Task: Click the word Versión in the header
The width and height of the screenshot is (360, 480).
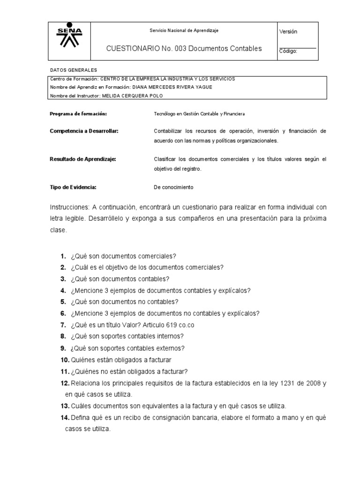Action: pos(288,31)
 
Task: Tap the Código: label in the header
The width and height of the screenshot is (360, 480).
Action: pos(288,51)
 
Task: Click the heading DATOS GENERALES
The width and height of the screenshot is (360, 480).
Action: pos(73,70)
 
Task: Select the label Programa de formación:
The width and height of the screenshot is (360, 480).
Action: pos(78,114)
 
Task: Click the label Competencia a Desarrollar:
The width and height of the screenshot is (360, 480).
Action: pos(84,131)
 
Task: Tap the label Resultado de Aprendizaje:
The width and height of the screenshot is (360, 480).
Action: pos(82,159)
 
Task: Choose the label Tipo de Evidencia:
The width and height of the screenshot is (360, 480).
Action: pos(73,187)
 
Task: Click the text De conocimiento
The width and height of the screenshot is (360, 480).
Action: pos(173,187)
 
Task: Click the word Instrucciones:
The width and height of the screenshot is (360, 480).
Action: pos(70,207)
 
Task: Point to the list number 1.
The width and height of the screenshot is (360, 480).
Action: pos(62,256)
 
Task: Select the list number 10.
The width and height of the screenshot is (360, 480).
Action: pos(64,360)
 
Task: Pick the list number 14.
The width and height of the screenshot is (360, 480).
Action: pos(64,417)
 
